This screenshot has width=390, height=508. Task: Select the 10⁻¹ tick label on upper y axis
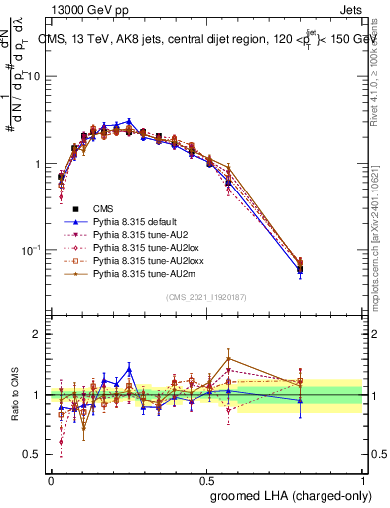coord(32,250)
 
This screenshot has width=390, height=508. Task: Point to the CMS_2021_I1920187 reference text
coord(206,297)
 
